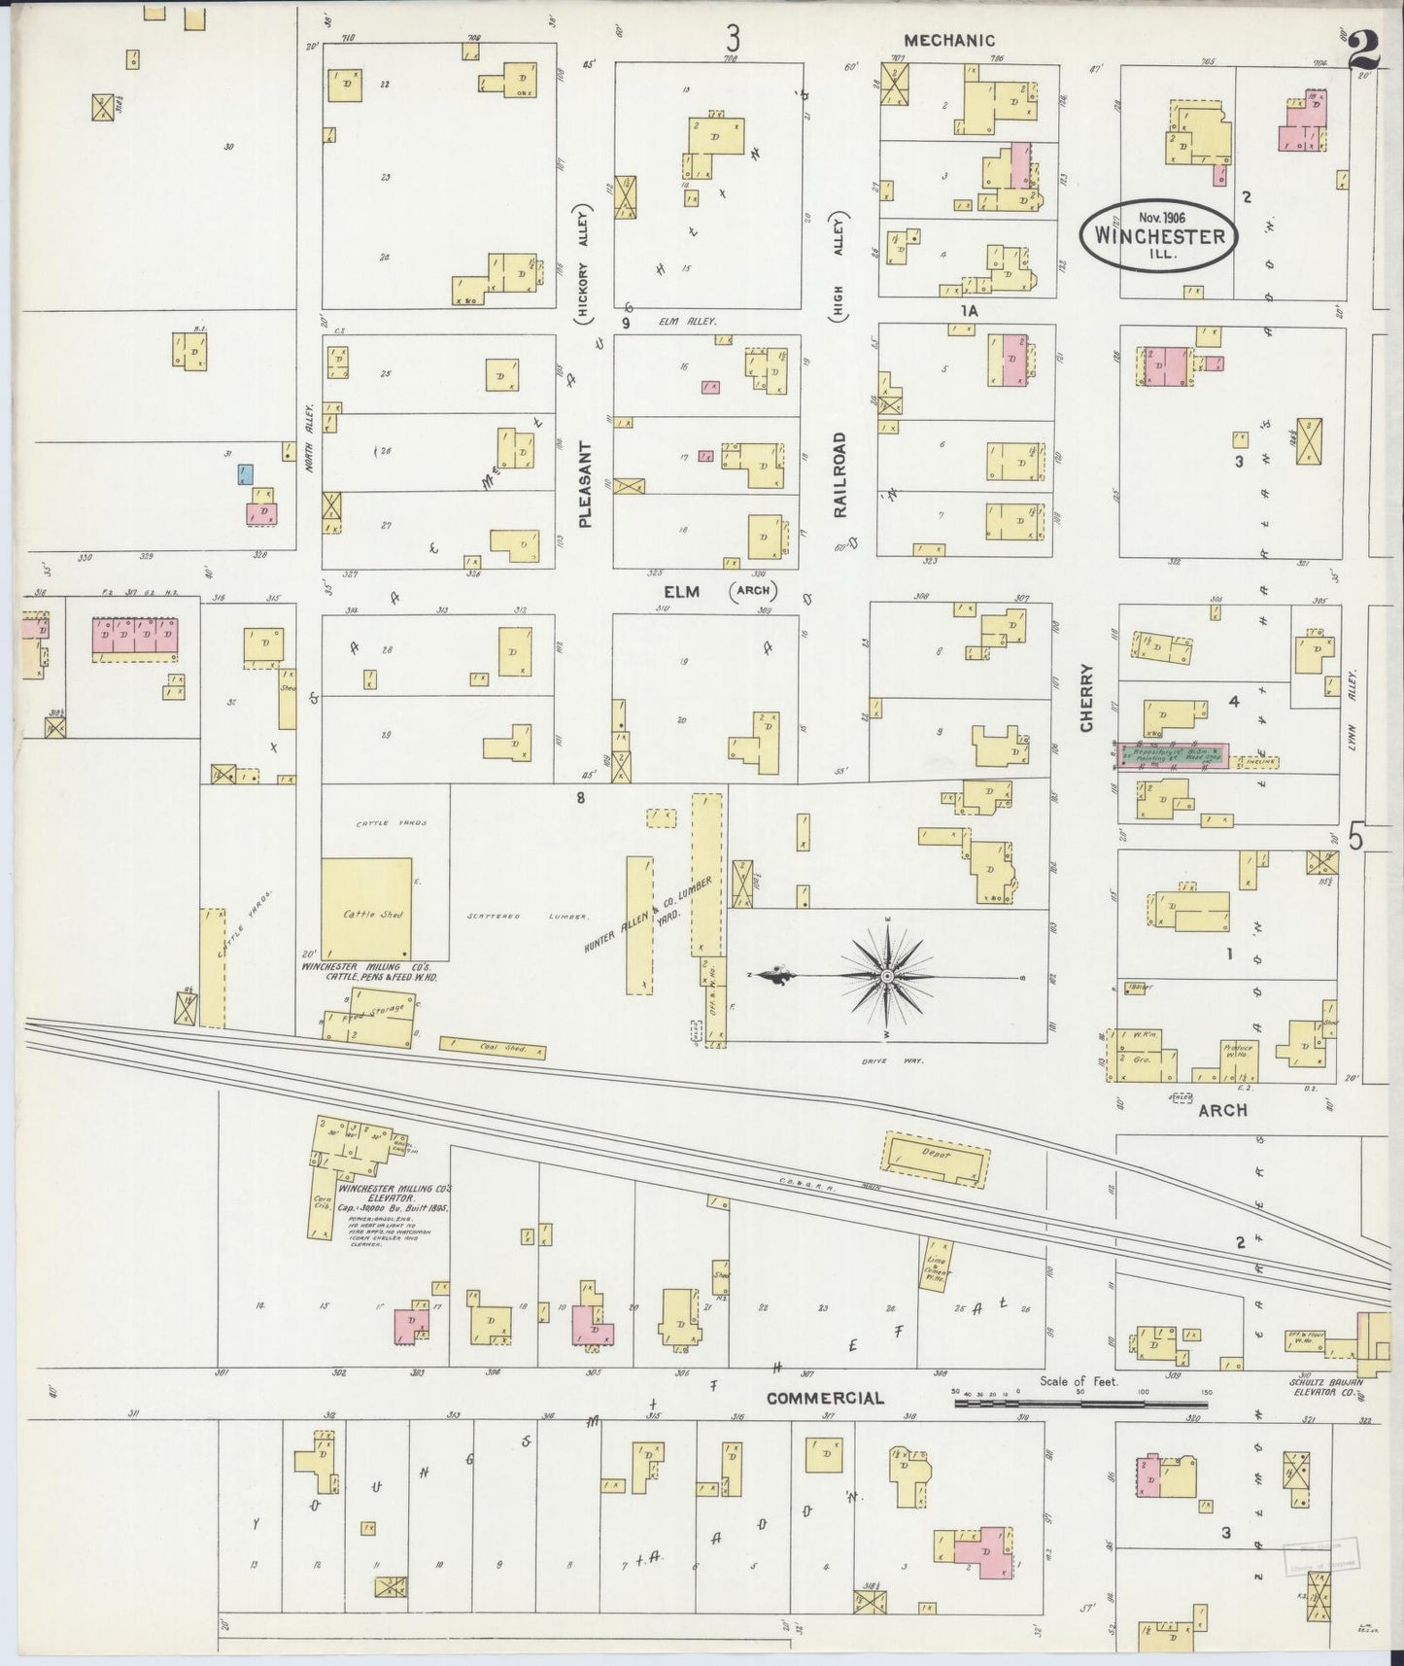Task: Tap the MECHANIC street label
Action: tap(949, 41)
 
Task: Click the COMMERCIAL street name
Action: tap(825, 1399)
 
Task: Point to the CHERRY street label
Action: tap(1086, 698)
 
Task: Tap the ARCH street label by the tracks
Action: tap(1222, 1109)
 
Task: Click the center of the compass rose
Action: tap(887, 975)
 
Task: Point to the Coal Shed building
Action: tap(493, 1047)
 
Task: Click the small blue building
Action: tap(247, 474)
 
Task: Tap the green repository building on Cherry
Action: tap(1174, 753)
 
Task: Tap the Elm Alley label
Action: tap(687, 321)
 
